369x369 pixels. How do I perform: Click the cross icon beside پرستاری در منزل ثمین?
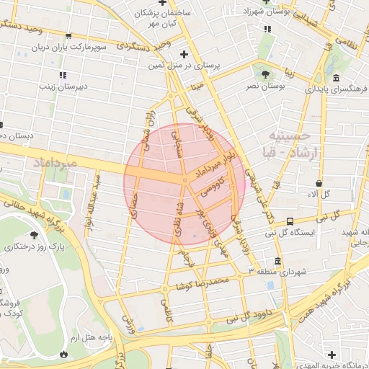point(184,54)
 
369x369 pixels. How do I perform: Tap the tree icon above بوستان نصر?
point(267,74)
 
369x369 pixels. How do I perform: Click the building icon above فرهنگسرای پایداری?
point(336,78)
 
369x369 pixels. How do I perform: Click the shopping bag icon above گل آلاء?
point(318,184)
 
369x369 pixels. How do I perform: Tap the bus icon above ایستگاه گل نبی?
point(290,221)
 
